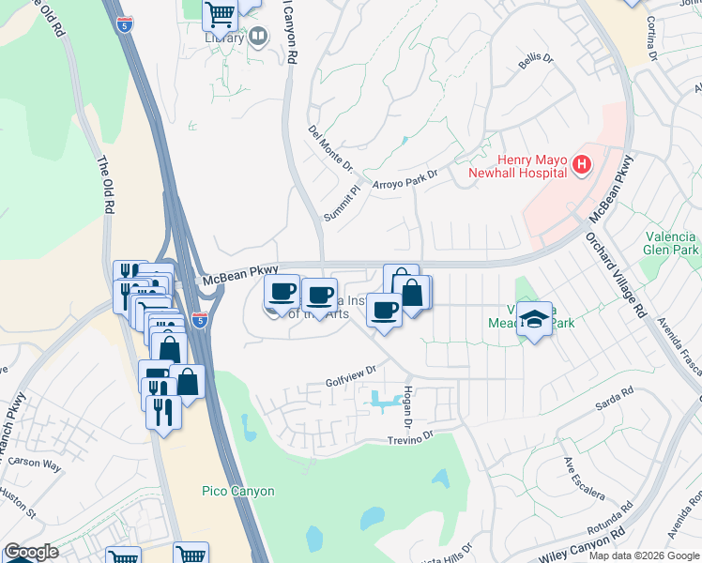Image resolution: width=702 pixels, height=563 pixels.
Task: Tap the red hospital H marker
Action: coord(582,166)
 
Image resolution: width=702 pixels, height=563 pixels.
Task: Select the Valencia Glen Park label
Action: coord(671,244)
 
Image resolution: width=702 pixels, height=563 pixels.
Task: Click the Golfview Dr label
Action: coord(350,376)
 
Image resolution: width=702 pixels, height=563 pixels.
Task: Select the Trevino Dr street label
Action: coord(411,437)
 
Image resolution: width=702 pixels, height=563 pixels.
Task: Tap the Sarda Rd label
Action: coord(615,404)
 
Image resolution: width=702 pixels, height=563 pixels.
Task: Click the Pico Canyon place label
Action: coord(238,491)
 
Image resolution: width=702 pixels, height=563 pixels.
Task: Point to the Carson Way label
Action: coord(34,464)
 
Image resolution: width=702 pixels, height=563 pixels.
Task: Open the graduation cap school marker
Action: coord(534,318)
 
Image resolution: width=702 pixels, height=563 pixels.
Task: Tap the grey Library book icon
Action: coord(258,37)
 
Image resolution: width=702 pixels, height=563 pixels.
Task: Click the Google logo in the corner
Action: coord(31,553)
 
